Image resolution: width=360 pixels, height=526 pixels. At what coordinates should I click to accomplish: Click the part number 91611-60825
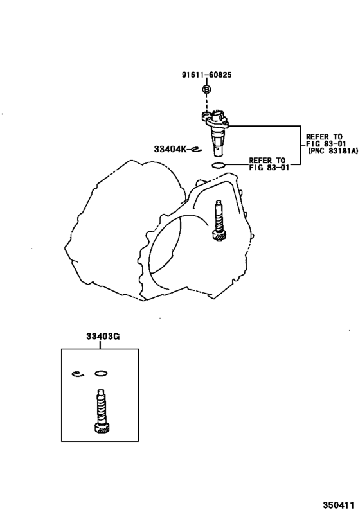(206, 75)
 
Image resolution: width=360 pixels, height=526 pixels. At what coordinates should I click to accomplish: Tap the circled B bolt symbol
(207, 89)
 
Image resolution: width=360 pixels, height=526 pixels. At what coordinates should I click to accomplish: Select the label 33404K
(170, 148)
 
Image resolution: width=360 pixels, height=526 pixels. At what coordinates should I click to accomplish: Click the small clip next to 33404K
(195, 150)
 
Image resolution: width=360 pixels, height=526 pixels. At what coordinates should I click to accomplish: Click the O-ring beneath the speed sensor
(219, 165)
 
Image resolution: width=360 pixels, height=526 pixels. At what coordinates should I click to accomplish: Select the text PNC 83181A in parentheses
(333, 151)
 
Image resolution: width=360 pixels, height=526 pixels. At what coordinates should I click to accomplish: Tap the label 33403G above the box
(103, 336)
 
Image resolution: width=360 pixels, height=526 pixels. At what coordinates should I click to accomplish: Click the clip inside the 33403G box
(78, 374)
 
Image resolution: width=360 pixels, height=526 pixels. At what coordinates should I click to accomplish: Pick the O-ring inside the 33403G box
(101, 373)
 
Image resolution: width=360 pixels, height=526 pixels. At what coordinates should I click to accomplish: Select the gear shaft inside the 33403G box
(101, 411)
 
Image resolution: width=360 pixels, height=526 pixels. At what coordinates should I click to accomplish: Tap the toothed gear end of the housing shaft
(220, 236)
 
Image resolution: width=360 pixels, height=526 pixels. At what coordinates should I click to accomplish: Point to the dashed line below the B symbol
(206, 102)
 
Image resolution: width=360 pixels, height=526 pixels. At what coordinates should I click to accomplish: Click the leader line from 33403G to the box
(100, 344)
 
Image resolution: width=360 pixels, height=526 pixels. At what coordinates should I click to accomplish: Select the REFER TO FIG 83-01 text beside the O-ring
(269, 164)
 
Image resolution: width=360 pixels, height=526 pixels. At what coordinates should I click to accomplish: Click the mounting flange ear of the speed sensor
(205, 116)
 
